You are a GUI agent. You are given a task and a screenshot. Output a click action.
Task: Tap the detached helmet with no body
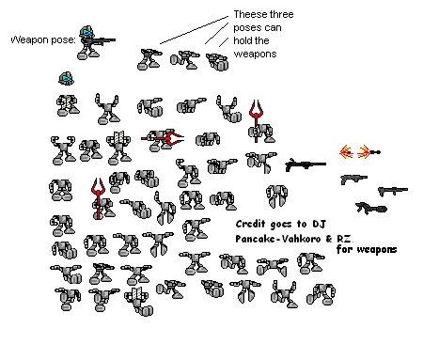(x=66, y=79)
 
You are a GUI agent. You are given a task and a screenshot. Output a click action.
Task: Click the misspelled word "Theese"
(x=246, y=16)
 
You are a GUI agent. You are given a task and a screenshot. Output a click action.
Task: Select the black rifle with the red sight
(x=305, y=165)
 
